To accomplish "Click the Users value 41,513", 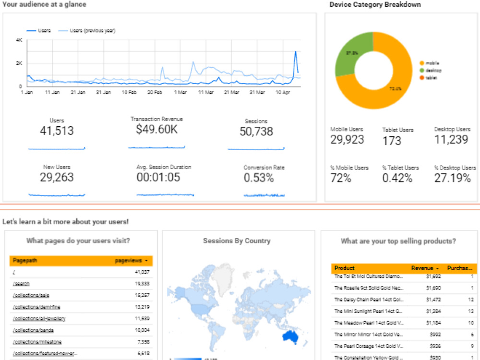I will click(57, 131).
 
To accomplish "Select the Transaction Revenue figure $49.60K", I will click(156, 130).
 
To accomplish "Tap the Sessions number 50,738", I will click(256, 132).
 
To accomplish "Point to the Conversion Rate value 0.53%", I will click(259, 178).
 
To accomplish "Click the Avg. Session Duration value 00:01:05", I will click(158, 178).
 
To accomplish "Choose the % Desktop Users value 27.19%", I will click(453, 179).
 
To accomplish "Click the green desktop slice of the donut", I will click(348, 55).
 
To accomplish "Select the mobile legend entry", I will click(432, 63).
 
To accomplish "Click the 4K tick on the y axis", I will click(19, 40).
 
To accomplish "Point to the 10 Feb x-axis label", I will click(129, 92).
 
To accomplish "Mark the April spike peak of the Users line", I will click(295, 52).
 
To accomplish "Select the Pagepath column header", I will click(25, 261).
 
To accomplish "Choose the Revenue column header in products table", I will click(422, 268).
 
